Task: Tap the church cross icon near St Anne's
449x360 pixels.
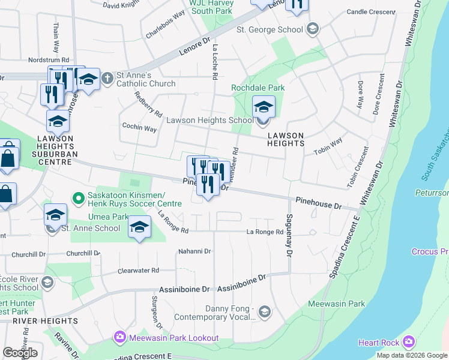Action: (107, 77)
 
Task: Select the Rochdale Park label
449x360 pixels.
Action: (258, 88)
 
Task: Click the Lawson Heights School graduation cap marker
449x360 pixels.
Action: (263, 108)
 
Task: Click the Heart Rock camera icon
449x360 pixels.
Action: (409, 342)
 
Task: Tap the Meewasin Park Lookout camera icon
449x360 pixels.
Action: (119, 337)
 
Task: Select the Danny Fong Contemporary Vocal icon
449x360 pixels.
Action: (265, 312)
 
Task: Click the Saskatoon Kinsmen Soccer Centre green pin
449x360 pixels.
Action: (77, 197)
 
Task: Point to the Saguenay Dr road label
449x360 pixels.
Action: (289, 236)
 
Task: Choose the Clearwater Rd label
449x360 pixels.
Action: (138, 271)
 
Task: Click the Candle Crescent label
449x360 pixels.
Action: (371, 11)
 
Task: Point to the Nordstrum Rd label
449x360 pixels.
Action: (49, 60)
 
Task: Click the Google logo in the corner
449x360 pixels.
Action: (20, 353)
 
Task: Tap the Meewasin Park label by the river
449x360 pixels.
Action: (336, 304)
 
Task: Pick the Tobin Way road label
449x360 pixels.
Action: (328, 146)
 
